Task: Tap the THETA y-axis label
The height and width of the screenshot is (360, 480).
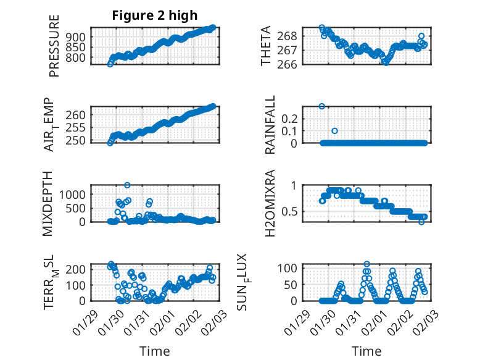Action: [266, 46]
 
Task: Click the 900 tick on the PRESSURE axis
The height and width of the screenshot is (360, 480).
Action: [78, 37]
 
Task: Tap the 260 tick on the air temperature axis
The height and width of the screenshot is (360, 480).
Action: [78, 115]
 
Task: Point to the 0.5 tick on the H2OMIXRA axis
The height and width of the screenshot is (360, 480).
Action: [291, 211]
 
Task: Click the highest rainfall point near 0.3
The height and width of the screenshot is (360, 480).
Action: [321, 106]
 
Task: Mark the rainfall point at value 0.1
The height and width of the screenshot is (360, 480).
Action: [334, 131]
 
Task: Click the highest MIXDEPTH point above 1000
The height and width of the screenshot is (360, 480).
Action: [127, 185]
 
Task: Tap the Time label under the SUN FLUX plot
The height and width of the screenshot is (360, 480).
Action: [366, 351]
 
